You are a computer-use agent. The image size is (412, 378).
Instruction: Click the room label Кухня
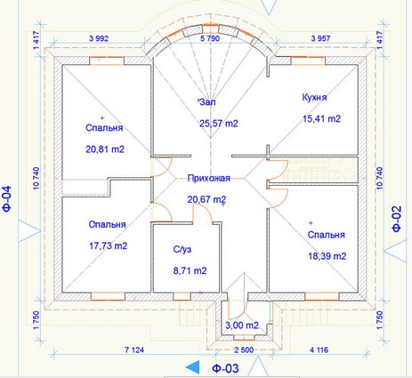click(x=314, y=98)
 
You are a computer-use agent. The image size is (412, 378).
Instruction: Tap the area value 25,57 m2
click(x=219, y=124)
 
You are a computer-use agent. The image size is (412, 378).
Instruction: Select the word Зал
click(x=207, y=102)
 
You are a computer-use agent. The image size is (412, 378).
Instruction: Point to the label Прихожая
click(x=209, y=178)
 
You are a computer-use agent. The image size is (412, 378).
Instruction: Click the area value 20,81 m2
click(x=105, y=149)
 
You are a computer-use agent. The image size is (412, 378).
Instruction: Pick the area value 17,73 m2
click(x=109, y=245)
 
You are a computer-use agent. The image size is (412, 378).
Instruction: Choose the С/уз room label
click(x=182, y=250)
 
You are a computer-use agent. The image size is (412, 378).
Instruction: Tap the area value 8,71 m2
click(x=190, y=270)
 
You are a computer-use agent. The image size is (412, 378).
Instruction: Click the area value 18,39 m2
click(x=327, y=256)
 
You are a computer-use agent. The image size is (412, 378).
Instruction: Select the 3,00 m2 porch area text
click(x=242, y=326)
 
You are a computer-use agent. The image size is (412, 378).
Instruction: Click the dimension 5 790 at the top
click(x=210, y=38)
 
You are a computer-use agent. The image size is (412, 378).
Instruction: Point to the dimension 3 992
click(x=99, y=38)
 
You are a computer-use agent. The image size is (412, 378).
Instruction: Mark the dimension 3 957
click(x=320, y=38)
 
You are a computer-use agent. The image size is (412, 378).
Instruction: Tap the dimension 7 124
click(x=134, y=350)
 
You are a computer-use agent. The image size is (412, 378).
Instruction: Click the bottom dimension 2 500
click(x=244, y=350)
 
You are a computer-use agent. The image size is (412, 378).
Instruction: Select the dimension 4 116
click(x=319, y=350)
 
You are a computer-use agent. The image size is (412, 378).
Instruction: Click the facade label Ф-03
click(x=225, y=368)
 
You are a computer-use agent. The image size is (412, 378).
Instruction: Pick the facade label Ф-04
click(x=7, y=198)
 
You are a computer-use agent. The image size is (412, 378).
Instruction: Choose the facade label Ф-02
click(x=397, y=219)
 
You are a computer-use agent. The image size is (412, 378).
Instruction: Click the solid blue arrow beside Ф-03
click(x=192, y=367)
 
